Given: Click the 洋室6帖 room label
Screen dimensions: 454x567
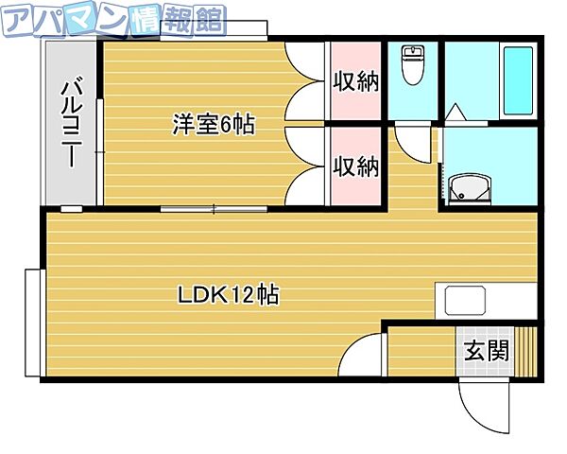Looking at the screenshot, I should (214, 124).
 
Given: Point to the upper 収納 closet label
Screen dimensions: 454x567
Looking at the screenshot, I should (356, 82).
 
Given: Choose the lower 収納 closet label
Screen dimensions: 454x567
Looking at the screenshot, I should (356, 167).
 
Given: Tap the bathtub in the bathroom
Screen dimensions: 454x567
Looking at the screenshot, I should (519, 80).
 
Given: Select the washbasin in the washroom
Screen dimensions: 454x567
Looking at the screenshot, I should (470, 189).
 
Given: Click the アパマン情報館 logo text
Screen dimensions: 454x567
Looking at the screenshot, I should (113, 19).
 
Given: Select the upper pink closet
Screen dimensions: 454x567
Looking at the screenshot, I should (355, 82).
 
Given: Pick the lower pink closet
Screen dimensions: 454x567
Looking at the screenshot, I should (355, 167).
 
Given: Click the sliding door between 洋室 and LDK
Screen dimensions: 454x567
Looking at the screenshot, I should (217, 207).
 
